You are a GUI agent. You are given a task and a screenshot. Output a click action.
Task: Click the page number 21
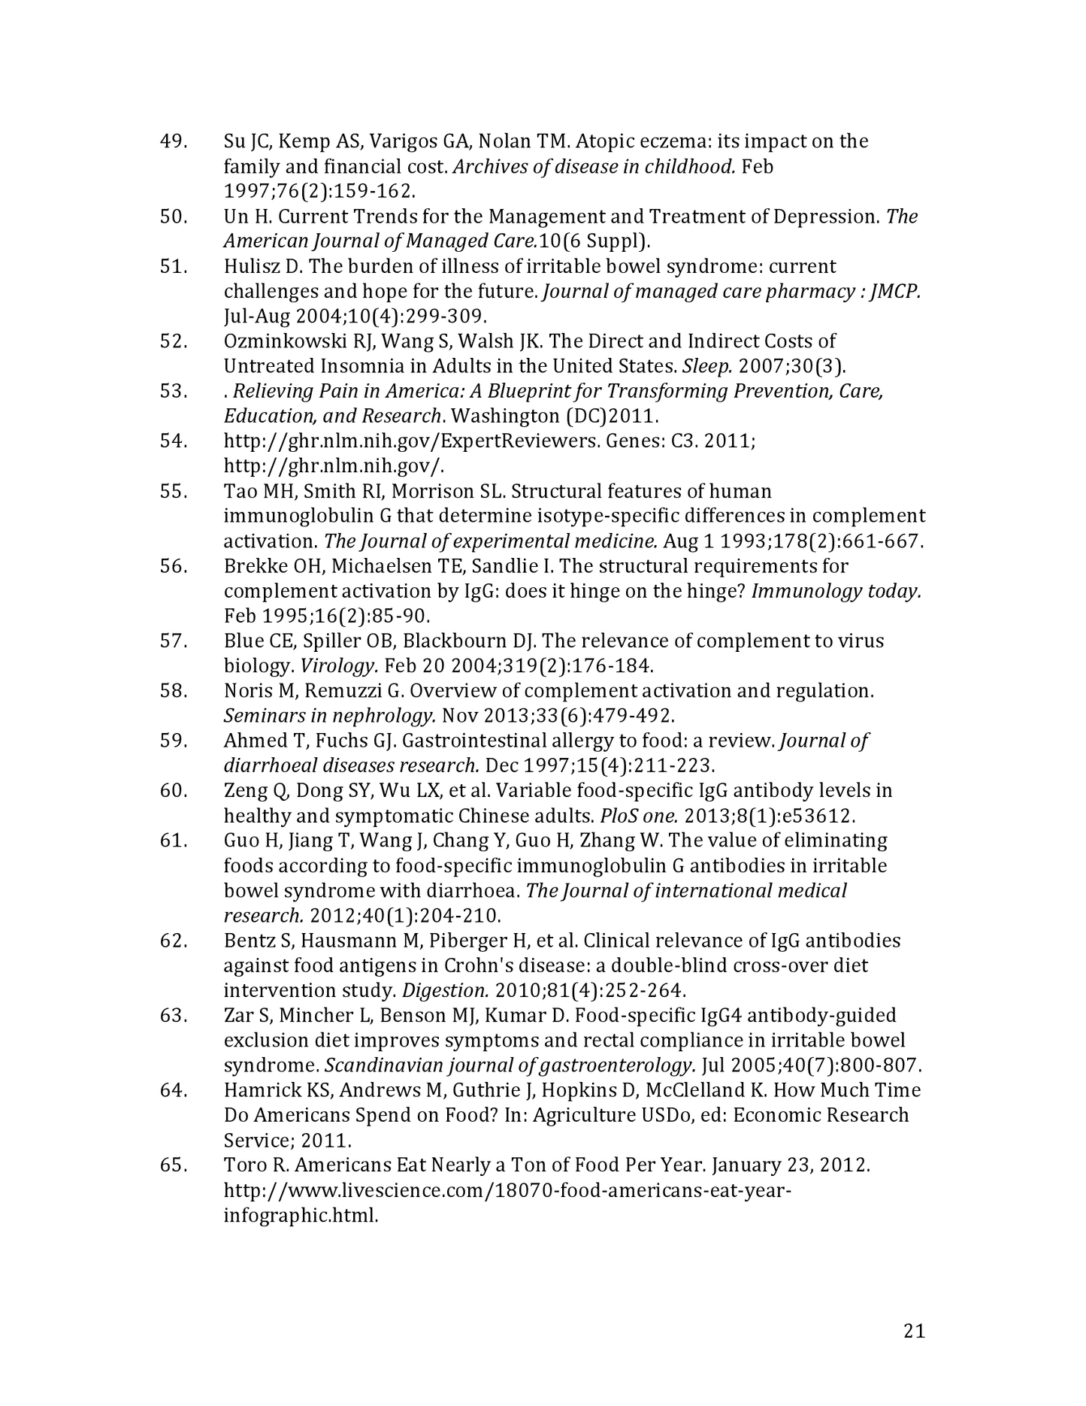(x=914, y=1332)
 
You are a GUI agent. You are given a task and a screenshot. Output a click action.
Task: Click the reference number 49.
(x=174, y=141)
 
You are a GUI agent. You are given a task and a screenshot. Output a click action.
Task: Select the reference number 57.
(x=174, y=641)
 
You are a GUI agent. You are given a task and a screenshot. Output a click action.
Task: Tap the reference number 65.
(x=174, y=1165)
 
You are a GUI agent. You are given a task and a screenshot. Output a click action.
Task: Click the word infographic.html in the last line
(x=301, y=1215)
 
